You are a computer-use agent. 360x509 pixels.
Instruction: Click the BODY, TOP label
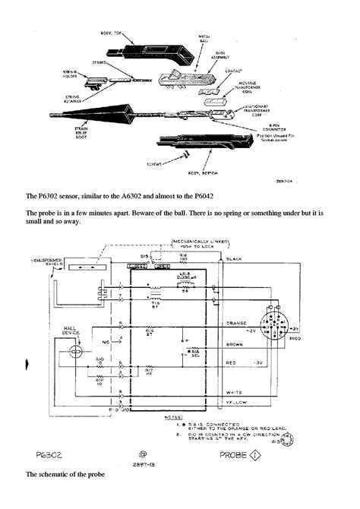click(x=116, y=35)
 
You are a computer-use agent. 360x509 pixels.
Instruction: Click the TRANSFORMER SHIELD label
click(x=44, y=263)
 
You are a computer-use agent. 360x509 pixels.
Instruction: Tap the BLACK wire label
click(x=236, y=259)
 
